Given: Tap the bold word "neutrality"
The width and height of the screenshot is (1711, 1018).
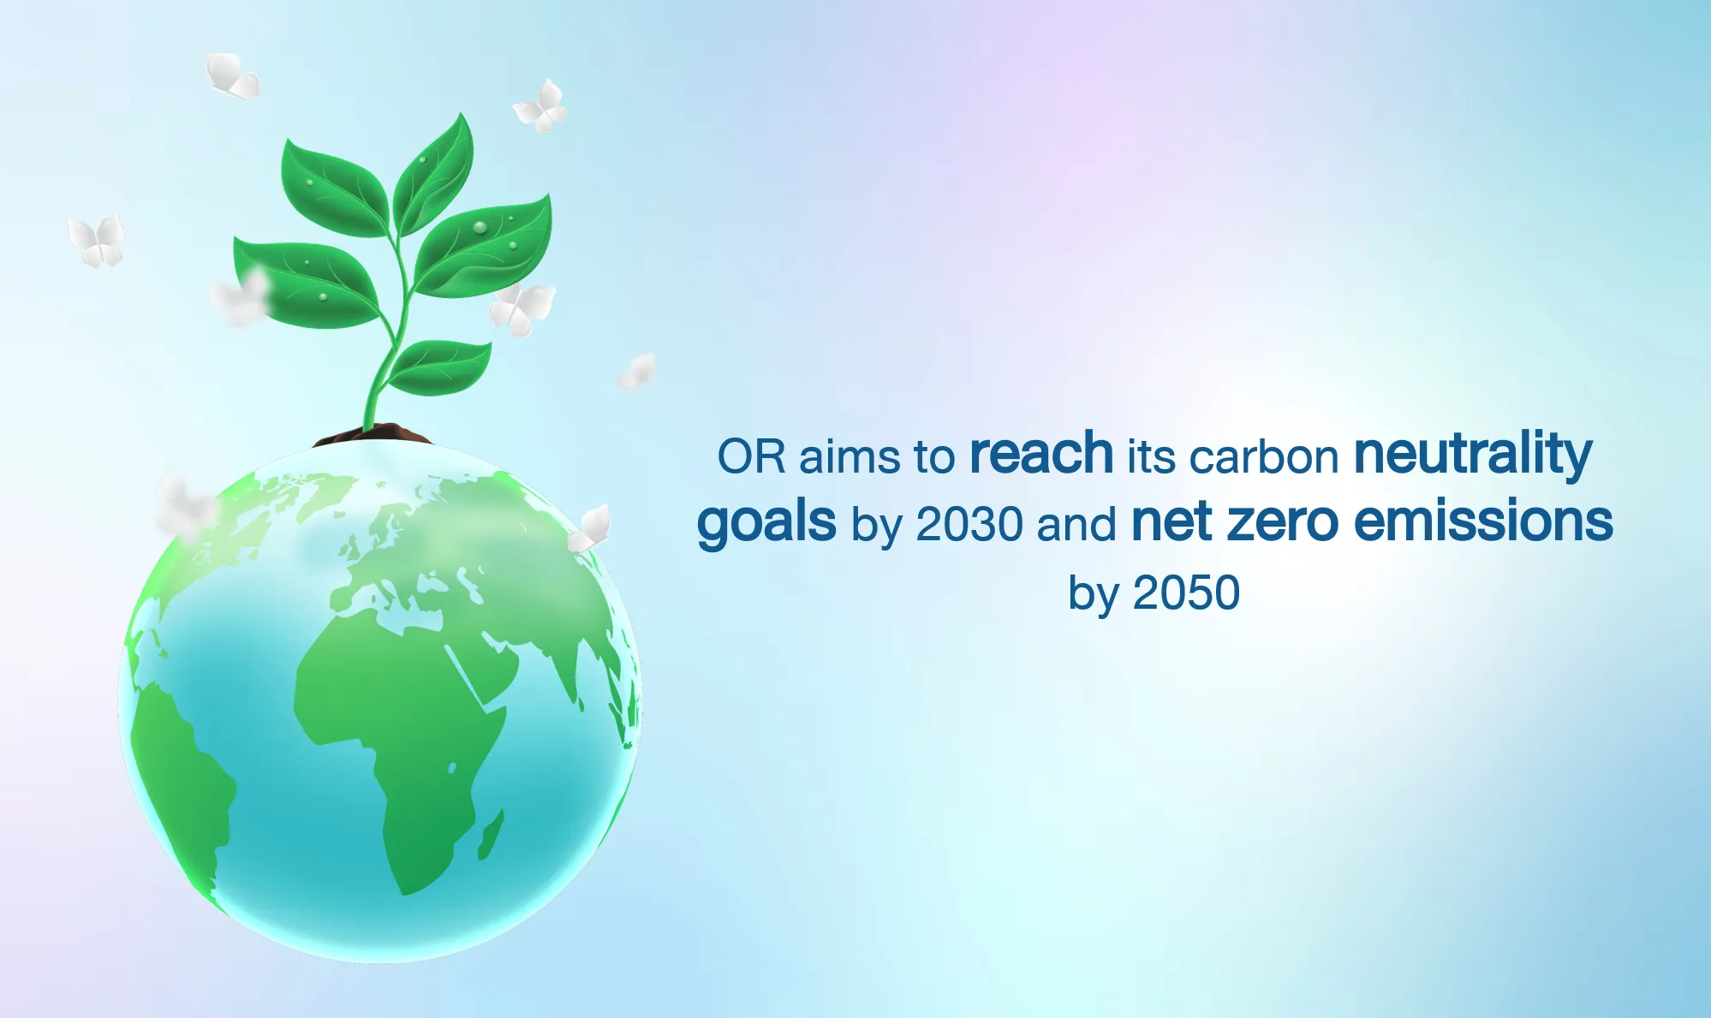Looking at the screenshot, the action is tap(1473, 455).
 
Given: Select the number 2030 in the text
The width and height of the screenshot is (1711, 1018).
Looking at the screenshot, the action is tap(969, 523).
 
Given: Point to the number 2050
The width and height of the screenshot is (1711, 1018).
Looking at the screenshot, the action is tap(1186, 592).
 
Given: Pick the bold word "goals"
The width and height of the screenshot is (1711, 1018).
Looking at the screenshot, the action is tap(766, 523).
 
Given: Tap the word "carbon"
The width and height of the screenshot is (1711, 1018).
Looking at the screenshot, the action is tap(1264, 456).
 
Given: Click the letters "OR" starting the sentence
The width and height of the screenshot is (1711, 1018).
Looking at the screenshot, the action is tap(751, 456).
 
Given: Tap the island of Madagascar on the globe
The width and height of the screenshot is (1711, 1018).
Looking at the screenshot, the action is tap(491, 835).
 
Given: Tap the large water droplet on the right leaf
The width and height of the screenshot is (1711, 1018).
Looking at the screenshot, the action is tap(480, 228).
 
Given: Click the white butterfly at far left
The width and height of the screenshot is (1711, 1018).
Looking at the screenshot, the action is tap(97, 240).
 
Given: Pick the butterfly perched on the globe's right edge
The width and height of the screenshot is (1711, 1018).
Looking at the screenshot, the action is tap(590, 528).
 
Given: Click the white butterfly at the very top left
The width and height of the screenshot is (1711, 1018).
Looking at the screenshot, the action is tap(231, 74).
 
